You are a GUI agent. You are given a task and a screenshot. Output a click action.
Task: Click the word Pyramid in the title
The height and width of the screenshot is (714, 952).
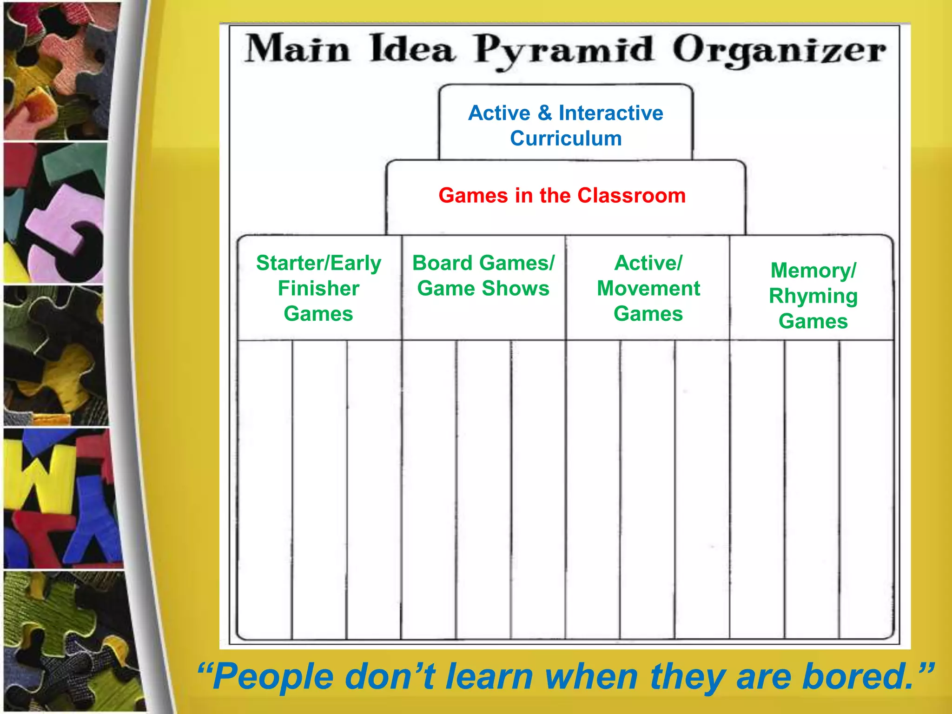click(x=563, y=50)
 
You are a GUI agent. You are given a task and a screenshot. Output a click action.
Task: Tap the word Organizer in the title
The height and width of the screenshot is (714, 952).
click(x=779, y=50)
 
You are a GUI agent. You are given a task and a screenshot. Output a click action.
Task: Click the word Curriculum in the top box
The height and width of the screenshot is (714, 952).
click(x=566, y=139)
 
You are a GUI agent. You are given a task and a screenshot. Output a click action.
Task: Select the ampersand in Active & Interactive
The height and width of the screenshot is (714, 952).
click(x=544, y=113)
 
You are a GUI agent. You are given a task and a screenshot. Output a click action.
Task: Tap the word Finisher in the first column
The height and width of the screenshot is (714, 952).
click(x=318, y=289)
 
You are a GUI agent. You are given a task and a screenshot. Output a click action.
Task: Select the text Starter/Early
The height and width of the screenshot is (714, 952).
click(x=318, y=263)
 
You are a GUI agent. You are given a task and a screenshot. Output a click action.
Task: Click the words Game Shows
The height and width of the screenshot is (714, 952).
click(x=483, y=289)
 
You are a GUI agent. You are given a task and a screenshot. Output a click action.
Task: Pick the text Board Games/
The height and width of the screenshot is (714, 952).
click(x=483, y=263)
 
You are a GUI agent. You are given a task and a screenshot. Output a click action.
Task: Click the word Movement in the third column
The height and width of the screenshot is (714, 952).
click(x=648, y=289)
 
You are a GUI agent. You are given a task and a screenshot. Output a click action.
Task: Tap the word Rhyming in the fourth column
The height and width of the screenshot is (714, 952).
click(x=813, y=296)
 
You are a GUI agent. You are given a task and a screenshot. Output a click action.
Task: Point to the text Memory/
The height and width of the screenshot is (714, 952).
click(x=813, y=271)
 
